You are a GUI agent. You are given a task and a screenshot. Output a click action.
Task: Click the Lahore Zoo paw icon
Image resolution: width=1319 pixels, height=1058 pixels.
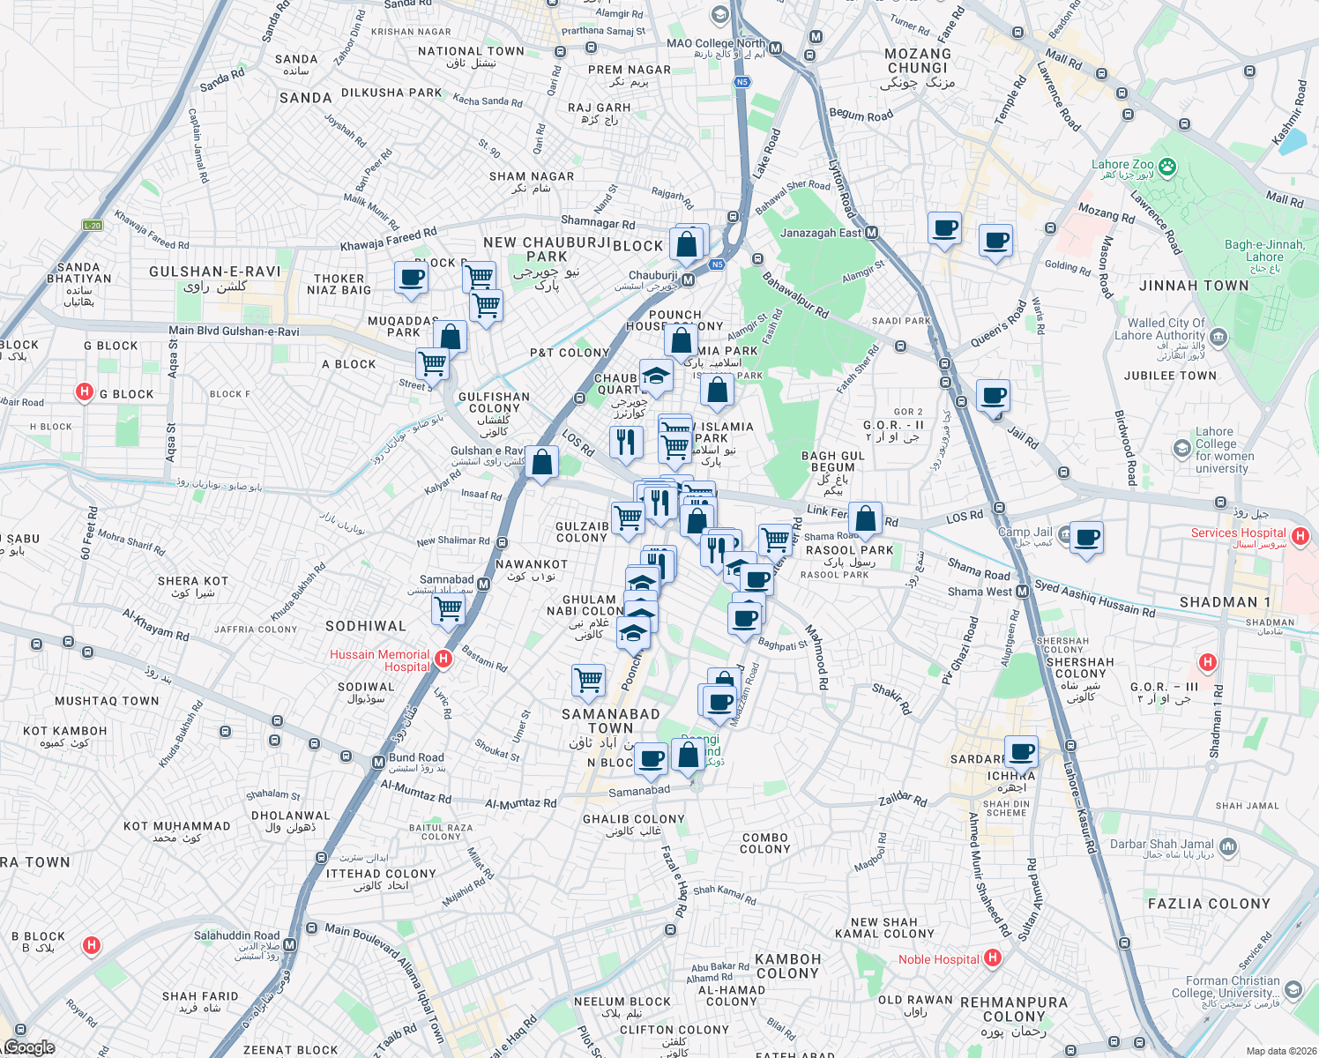(x=1167, y=166)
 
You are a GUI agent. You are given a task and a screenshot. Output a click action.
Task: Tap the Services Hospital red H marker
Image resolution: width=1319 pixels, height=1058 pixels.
(x=1299, y=535)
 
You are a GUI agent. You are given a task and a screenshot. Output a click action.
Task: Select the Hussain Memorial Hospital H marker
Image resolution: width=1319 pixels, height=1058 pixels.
(x=443, y=659)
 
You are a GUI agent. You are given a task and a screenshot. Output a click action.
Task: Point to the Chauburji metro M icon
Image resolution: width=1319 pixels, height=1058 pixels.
(x=689, y=280)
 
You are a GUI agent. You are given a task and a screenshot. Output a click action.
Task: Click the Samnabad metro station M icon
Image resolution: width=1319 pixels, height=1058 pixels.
(x=483, y=585)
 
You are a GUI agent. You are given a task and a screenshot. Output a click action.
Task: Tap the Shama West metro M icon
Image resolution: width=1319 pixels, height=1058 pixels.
(x=1023, y=592)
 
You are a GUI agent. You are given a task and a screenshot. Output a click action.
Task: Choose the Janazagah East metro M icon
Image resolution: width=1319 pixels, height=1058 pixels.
(x=872, y=233)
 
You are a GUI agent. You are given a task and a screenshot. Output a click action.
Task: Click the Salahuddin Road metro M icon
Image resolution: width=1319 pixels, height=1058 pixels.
(x=290, y=945)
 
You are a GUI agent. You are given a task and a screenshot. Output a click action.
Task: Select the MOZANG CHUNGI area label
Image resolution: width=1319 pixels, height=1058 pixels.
(x=918, y=61)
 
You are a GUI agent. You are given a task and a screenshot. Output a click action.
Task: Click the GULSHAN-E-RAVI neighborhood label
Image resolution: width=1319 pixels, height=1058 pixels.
(x=215, y=272)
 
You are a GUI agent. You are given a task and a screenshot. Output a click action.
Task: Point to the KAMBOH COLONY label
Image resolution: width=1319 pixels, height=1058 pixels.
(x=788, y=965)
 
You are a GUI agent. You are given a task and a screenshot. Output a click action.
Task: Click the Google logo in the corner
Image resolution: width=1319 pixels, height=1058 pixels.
(x=29, y=1047)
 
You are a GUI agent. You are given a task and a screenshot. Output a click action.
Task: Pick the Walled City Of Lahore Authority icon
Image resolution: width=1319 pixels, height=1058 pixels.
(x=1218, y=336)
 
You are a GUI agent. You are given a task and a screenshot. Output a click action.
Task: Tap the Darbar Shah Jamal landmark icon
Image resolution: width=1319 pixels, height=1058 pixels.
(x=1229, y=847)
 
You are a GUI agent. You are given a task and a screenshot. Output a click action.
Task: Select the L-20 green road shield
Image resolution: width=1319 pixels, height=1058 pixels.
(x=93, y=226)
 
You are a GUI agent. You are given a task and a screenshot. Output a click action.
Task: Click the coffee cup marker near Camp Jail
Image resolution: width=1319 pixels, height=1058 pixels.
(x=1086, y=538)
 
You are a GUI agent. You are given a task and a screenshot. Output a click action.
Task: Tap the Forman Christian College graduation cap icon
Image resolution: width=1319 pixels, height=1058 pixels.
(x=1293, y=988)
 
